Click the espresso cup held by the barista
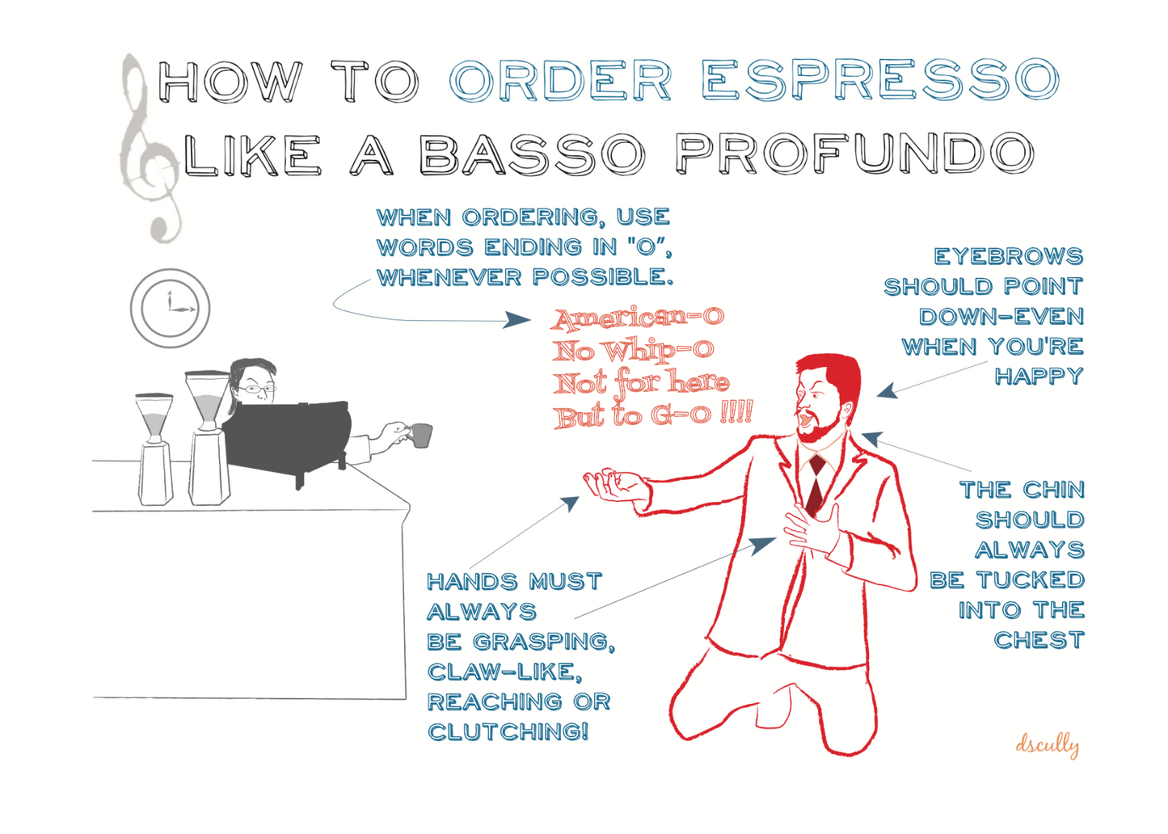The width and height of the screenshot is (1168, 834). (420, 436)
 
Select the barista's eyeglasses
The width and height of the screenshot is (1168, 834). (256, 389)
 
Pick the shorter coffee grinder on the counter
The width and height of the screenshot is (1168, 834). (154, 449)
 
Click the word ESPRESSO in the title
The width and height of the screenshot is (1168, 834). (880, 80)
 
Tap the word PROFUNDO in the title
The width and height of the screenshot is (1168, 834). (854, 153)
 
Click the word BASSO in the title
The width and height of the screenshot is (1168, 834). (533, 154)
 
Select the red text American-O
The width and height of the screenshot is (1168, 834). (638, 318)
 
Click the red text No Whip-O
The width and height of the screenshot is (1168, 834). (633, 350)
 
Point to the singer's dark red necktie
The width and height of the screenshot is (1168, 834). (816, 484)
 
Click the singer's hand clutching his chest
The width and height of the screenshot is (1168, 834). (810, 531)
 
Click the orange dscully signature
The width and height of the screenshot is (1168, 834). (1047, 744)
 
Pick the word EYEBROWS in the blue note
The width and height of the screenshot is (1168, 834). (1009, 256)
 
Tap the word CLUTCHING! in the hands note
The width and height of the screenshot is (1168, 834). (508, 731)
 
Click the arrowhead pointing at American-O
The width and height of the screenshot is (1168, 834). (517, 320)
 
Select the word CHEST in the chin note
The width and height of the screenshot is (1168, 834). (1039, 640)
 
